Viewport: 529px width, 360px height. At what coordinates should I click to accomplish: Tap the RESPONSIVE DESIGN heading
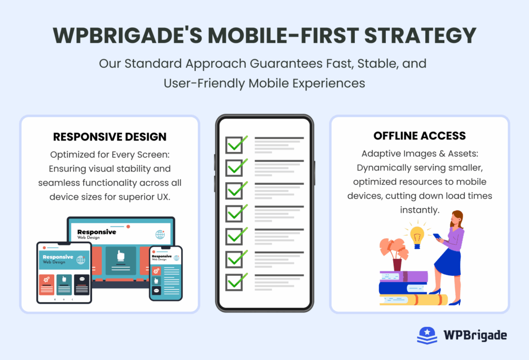[x=110, y=137]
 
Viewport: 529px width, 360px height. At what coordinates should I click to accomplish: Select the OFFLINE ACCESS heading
[x=419, y=136]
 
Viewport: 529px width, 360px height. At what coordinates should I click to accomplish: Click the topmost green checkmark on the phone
[x=236, y=144]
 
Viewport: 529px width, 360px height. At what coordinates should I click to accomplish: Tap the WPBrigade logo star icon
[x=427, y=335]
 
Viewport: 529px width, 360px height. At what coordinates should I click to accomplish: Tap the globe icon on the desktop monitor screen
[x=160, y=234]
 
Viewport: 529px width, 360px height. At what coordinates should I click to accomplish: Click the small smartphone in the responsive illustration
[x=165, y=273]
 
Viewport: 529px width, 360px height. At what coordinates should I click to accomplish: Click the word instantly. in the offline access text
[x=419, y=210]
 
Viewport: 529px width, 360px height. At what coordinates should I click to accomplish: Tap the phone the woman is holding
[x=437, y=237]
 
